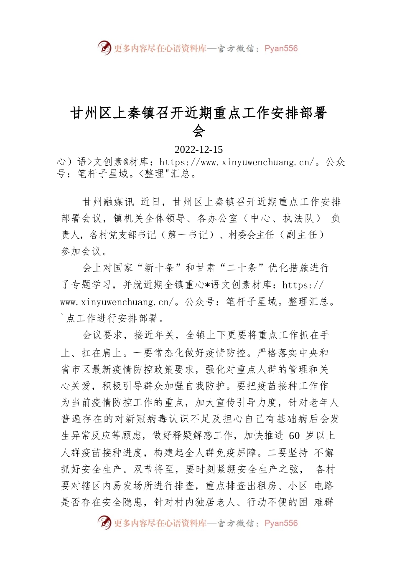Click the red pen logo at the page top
click(104, 48)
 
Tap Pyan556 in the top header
click(281, 48)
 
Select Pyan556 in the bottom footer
click(281, 523)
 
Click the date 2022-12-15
click(198, 149)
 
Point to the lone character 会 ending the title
click(198, 131)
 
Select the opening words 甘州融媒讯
click(109, 202)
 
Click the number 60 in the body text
click(294, 436)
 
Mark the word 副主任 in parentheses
click(301, 235)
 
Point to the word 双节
click(144, 469)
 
